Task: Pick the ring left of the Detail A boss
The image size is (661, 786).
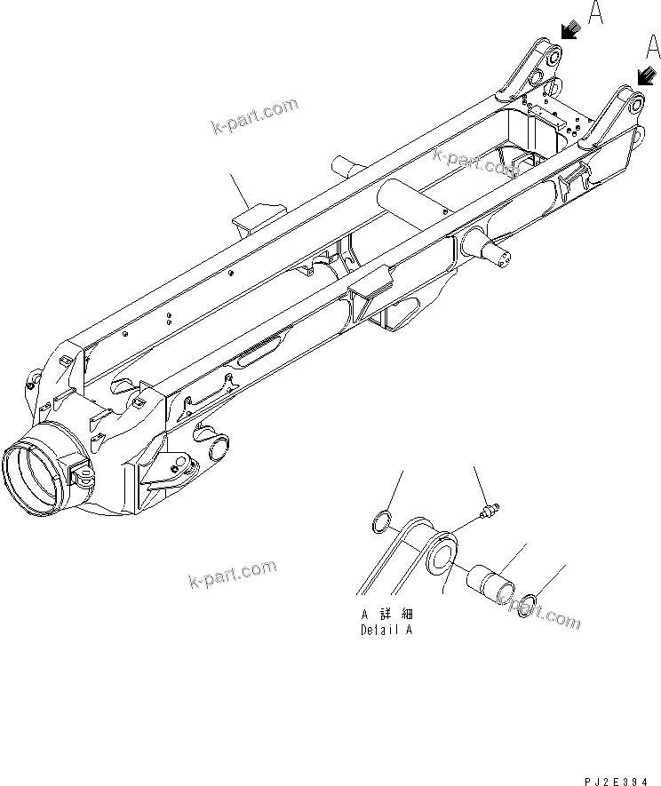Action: click(x=379, y=523)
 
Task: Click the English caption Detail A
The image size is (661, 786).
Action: click(x=386, y=631)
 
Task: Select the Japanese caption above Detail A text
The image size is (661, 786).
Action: click(x=386, y=615)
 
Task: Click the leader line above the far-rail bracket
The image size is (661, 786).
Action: click(x=238, y=189)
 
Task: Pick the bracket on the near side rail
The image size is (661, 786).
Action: click(x=371, y=287)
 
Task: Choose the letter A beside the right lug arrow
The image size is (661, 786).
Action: click(x=653, y=45)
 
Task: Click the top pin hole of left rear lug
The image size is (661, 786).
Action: click(x=550, y=58)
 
